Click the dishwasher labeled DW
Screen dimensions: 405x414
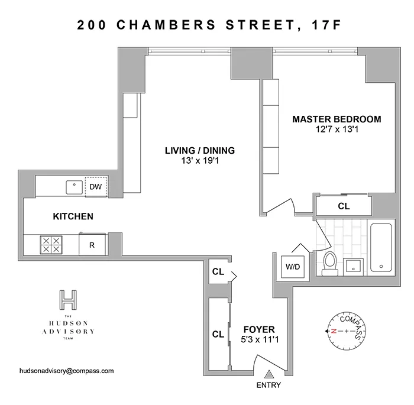coord(95,187)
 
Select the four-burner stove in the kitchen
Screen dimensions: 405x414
coord(50,245)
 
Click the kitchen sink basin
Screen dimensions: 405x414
coord(74,187)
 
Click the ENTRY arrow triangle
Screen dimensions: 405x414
coord(269,373)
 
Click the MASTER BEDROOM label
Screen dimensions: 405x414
coord(337,119)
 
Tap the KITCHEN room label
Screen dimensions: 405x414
coord(73,216)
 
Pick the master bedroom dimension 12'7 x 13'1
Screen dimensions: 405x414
coord(337,130)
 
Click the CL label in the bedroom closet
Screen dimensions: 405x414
coord(343,207)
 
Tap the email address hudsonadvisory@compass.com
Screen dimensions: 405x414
coord(67,371)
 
